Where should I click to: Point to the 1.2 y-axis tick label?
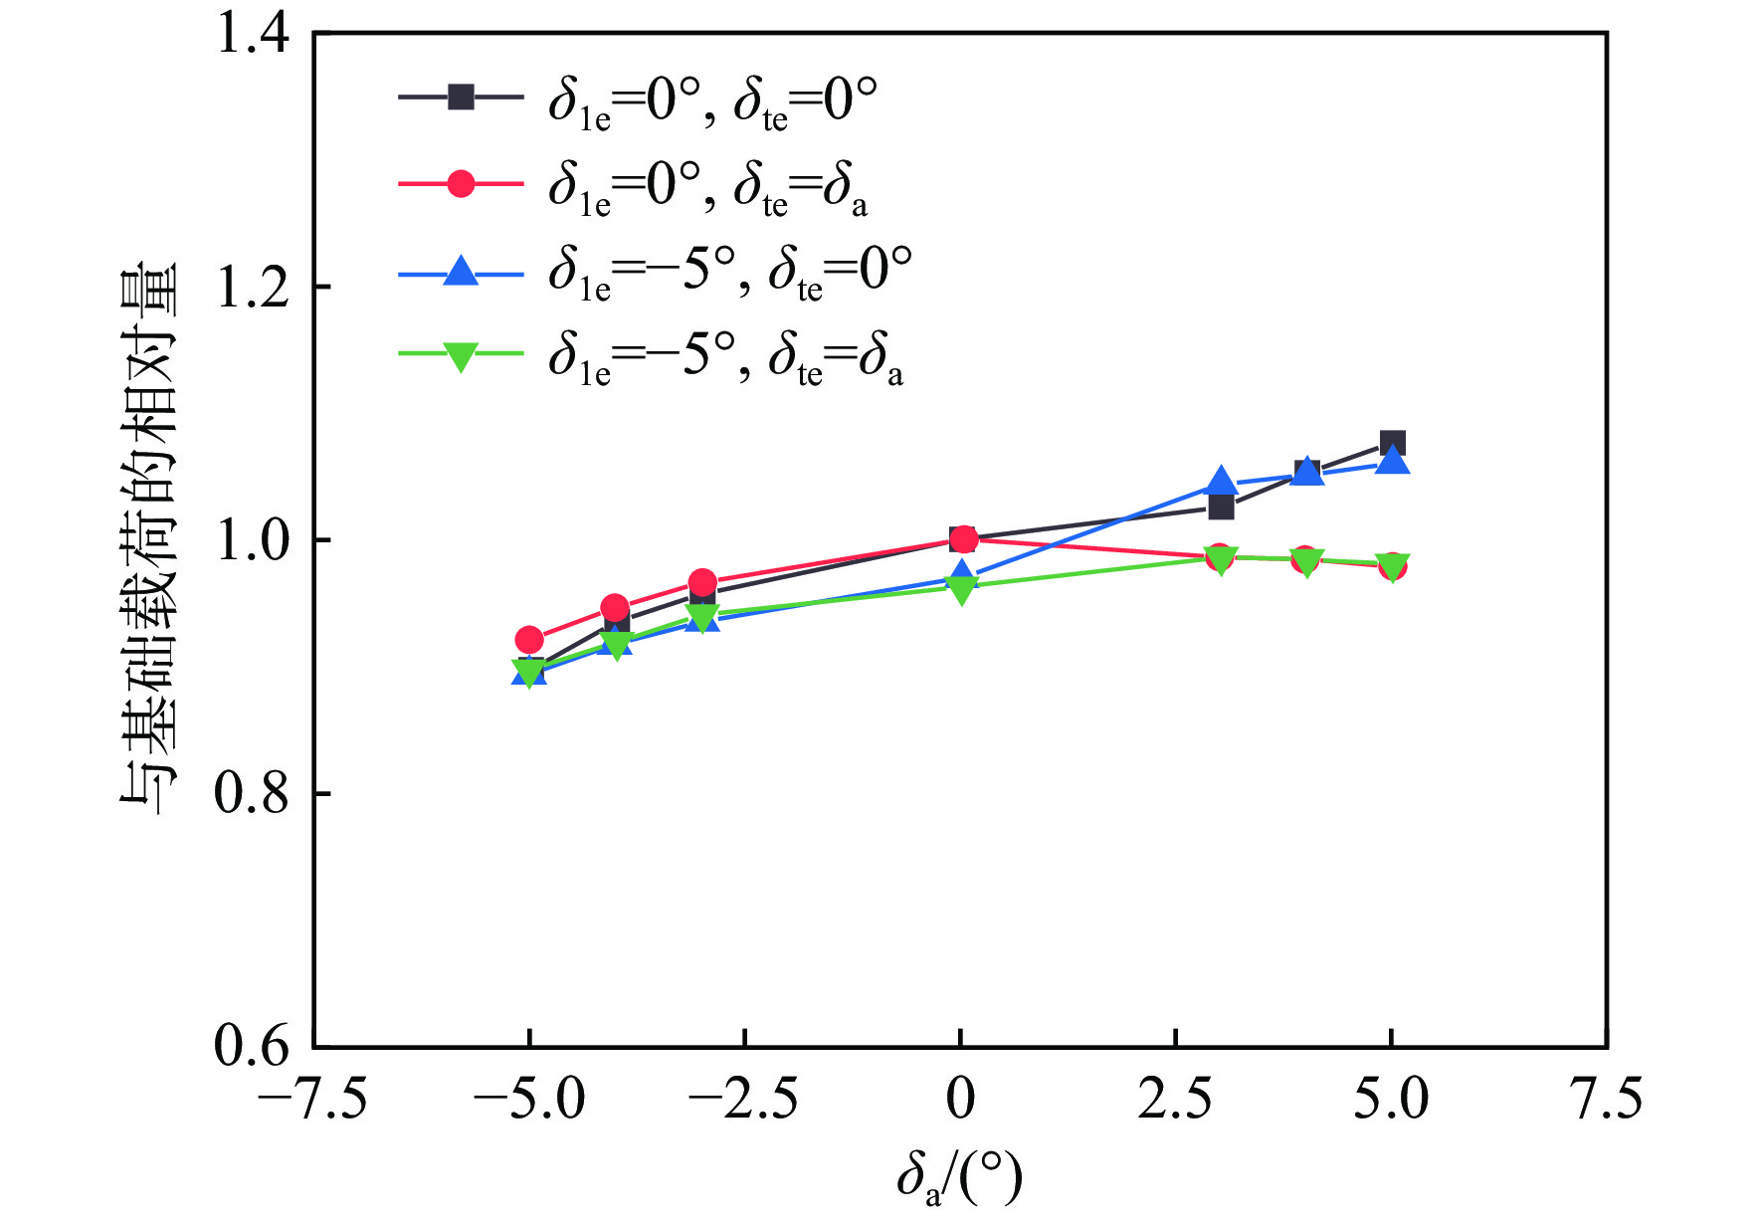[x=253, y=288]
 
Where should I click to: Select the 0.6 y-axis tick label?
[x=253, y=1047]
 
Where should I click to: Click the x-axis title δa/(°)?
[x=959, y=1178]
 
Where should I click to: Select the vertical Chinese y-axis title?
[x=149, y=538]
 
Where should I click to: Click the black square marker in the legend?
[x=461, y=98]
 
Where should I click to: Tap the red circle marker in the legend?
[x=461, y=184]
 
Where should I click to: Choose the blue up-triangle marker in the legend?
[x=461, y=271]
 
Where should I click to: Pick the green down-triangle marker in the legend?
[x=461, y=356]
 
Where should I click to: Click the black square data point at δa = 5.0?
[x=1392, y=444]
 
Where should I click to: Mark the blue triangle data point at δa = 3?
[x=1221, y=483]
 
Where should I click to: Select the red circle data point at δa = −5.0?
[x=529, y=640]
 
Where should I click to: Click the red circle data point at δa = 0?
[x=963, y=539]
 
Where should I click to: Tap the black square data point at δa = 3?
[x=1221, y=508]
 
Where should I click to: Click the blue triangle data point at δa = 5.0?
[x=1393, y=461]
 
